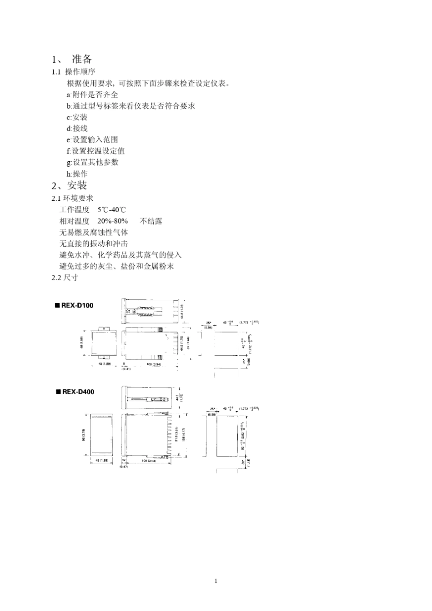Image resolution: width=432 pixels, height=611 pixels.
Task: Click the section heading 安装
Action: tap(77, 185)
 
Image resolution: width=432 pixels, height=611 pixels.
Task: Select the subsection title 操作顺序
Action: tap(80, 72)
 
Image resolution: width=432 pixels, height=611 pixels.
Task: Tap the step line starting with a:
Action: tap(92, 94)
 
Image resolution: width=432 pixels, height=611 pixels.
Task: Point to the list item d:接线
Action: tap(77, 129)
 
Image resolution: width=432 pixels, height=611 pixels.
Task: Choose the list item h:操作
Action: tap(77, 174)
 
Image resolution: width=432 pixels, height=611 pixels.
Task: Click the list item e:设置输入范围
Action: tap(92, 139)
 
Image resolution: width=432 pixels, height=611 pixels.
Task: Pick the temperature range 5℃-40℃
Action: tap(111, 210)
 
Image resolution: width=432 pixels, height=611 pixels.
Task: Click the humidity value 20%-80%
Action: tap(112, 221)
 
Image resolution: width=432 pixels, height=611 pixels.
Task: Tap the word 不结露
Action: tap(151, 221)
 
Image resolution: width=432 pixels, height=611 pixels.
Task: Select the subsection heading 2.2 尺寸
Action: tap(65, 278)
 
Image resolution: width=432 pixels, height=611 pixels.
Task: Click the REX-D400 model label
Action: tap(75, 392)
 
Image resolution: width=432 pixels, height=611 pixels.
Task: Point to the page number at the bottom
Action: tap(216, 581)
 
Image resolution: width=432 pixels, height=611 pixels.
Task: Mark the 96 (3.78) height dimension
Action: tap(83, 436)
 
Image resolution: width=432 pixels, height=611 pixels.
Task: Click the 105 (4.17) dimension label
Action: tap(184, 435)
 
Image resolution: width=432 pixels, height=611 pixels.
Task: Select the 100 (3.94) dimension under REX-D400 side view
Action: tap(149, 461)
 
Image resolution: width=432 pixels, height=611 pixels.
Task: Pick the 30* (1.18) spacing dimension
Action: tap(246, 462)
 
